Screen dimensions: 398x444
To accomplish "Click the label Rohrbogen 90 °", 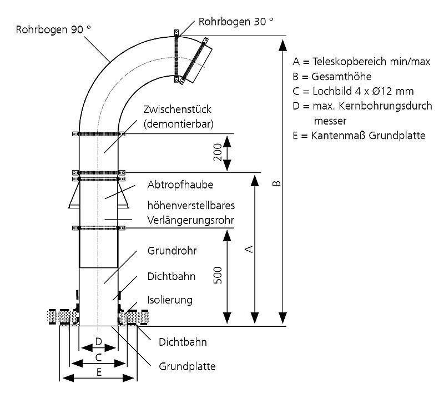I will tap(54, 30).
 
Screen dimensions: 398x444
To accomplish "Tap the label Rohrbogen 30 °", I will tap(236, 22).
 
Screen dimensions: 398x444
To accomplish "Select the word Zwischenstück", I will tap(178, 109).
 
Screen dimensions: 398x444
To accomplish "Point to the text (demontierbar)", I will tap(178, 123).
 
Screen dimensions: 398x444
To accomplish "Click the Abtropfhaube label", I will tap(181, 184).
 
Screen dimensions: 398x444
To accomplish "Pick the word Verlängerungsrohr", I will tap(190, 220).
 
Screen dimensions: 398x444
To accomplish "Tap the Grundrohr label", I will tap(172, 251).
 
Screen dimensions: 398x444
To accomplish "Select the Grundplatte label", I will tap(187, 367).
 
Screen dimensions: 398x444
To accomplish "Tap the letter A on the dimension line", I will tap(250, 248).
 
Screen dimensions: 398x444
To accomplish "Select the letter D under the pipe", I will tap(98, 341).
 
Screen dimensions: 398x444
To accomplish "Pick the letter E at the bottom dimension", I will tap(99, 372).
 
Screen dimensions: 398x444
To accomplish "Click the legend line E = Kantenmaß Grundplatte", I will tap(359, 135).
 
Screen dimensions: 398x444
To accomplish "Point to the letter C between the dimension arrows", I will tap(98, 357).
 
